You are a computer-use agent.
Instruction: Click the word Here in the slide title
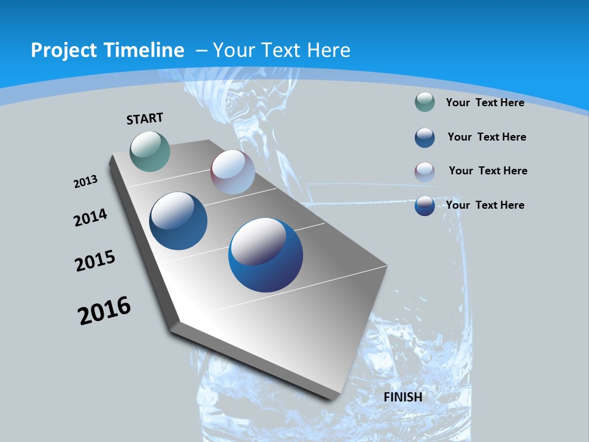329,50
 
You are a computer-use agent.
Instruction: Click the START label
145,118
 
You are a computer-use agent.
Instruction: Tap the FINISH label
402,397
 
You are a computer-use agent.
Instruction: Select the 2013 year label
85,182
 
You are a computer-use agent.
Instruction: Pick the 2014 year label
90,217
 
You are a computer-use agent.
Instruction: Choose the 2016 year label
104,311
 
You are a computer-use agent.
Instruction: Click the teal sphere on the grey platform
150,151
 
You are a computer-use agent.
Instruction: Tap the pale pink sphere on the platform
233,172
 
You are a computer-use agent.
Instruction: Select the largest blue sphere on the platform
266,255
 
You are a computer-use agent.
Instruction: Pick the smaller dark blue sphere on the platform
178,221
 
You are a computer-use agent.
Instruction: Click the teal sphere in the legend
425,102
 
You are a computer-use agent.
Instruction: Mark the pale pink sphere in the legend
425,171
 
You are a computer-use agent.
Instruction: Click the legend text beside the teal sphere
485,103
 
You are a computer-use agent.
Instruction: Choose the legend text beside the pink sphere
488,171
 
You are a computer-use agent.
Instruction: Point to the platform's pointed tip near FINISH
334,396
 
